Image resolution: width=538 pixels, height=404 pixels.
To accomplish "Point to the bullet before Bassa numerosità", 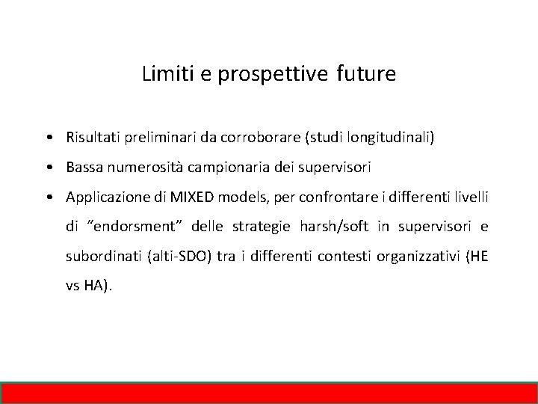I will click(x=47, y=168).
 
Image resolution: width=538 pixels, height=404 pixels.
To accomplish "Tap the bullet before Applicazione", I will click(x=47, y=198).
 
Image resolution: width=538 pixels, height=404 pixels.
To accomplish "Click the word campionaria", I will click(x=225, y=168).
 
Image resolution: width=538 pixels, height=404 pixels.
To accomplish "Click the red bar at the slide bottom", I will click(x=269, y=393).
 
